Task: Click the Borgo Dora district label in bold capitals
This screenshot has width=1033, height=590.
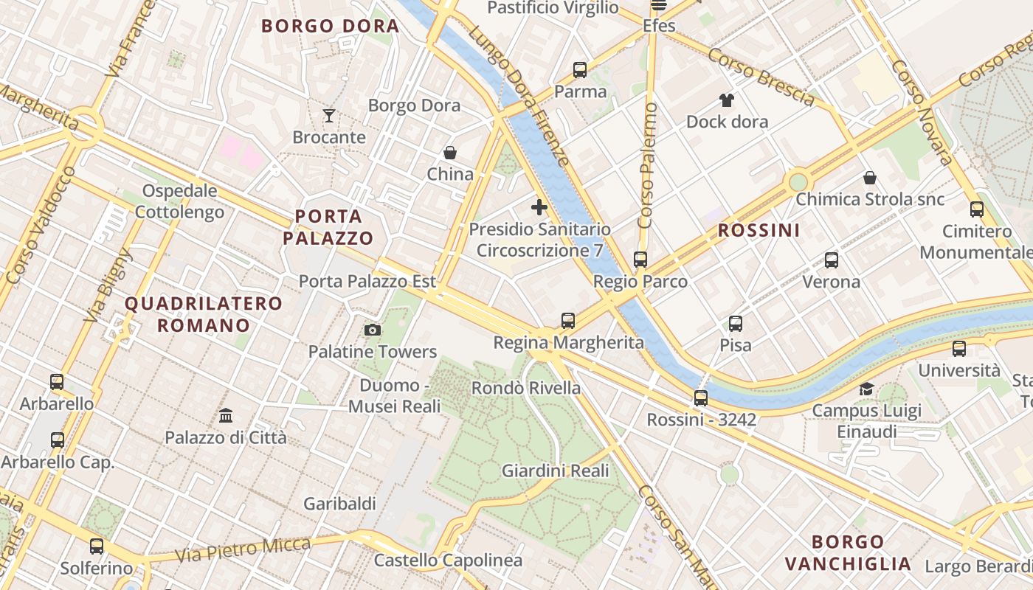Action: pyautogui.click(x=330, y=27)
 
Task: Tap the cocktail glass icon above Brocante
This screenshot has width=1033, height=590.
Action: pyautogui.click(x=329, y=115)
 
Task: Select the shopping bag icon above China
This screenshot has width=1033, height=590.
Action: pyautogui.click(x=450, y=153)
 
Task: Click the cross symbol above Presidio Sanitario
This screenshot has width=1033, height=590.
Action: pyautogui.click(x=539, y=207)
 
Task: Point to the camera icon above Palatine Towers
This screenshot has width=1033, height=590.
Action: pyautogui.click(x=373, y=330)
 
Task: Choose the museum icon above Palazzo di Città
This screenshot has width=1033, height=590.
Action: pyautogui.click(x=226, y=415)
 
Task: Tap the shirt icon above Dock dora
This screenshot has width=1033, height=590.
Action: pyautogui.click(x=727, y=100)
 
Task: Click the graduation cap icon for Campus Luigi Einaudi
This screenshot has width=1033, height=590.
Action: pyautogui.click(x=866, y=389)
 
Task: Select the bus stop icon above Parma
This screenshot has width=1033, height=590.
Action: pyautogui.click(x=580, y=70)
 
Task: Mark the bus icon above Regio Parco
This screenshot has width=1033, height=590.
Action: pyautogui.click(x=640, y=260)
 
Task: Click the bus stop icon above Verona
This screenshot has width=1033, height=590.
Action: pyautogui.click(x=832, y=260)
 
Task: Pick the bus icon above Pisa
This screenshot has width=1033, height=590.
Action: pyautogui.click(x=736, y=323)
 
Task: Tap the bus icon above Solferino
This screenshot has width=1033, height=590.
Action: pyautogui.click(x=97, y=546)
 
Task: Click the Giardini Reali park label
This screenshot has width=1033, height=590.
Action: pyautogui.click(x=556, y=471)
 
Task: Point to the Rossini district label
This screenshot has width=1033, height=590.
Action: pyautogui.click(x=759, y=230)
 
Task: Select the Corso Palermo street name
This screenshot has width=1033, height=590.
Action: pyautogui.click(x=648, y=166)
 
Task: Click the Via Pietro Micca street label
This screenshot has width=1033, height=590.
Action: pyautogui.click(x=243, y=549)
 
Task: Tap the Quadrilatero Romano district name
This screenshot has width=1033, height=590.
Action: pyautogui.click(x=204, y=314)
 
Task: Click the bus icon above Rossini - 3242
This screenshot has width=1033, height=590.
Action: pyautogui.click(x=701, y=398)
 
